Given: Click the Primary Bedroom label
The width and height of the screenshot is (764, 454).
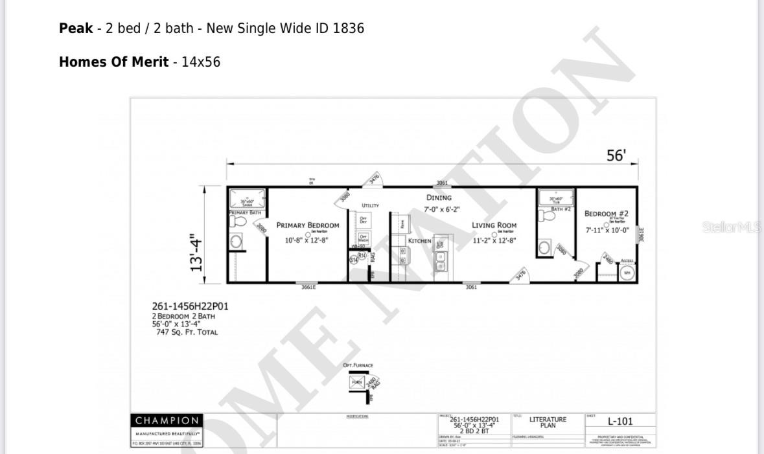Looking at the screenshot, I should tap(308, 225).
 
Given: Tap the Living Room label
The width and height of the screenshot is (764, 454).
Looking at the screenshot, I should tap(494, 225).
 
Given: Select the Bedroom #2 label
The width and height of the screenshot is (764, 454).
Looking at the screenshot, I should tap(606, 214).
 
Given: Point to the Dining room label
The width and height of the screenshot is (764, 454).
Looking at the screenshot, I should tap(439, 198).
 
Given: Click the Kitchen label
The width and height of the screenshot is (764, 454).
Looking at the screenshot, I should tap(419, 241).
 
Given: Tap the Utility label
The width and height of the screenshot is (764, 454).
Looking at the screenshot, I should tap(370, 205).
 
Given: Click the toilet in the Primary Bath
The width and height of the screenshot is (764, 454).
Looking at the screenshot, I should tap(238, 221).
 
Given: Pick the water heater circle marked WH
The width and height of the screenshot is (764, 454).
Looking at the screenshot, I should tap(627, 273).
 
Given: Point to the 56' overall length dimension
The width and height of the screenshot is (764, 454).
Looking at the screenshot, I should tap(616, 155).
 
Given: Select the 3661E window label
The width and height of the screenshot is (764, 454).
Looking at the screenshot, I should tap(308, 287).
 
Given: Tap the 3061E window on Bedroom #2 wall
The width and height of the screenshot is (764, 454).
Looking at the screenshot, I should tap(642, 234).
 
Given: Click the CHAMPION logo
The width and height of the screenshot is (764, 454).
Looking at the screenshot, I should tap(167, 421).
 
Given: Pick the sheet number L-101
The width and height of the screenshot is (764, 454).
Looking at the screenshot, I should tap(620, 422).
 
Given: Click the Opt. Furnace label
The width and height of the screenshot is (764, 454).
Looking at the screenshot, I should tap(358, 365).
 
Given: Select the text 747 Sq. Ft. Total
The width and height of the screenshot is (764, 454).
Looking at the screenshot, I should tap(187, 332).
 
